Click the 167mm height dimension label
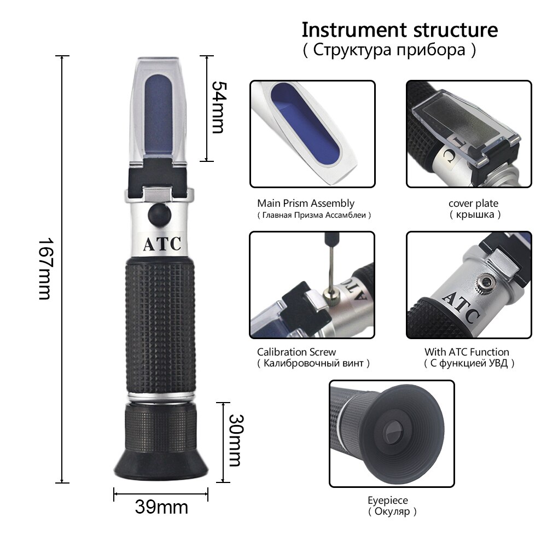(x=45, y=269)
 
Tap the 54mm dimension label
(x=218, y=107)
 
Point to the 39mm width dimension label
(x=161, y=507)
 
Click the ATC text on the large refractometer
(x=162, y=244)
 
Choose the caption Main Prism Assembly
(x=306, y=203)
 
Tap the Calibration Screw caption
(x=296, y=352)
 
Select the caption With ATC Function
(x=467, y=352)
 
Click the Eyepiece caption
(x=387, y=500)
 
